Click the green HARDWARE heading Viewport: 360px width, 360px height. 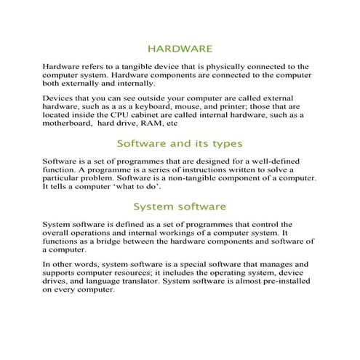(180, 49)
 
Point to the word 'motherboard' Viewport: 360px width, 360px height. (70, 124)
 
